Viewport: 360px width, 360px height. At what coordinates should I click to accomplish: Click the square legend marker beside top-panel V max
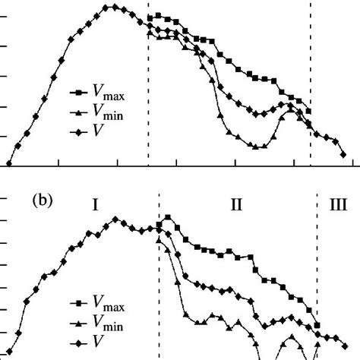78,93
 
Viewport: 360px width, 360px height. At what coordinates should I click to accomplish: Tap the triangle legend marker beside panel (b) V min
78,324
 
